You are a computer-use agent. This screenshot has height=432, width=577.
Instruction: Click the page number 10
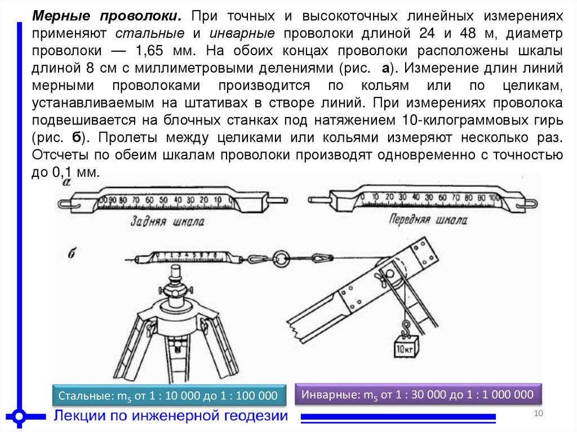[x=537, y=415]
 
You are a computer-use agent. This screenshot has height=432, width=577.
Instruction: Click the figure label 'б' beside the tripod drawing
[x=72, y=253]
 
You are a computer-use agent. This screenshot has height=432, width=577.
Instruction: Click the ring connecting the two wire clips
[x=281, y=259]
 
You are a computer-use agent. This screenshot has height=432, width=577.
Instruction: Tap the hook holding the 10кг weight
[x=405, y=327]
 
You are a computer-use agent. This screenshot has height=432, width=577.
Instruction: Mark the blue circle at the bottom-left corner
[x=19, y=417]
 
